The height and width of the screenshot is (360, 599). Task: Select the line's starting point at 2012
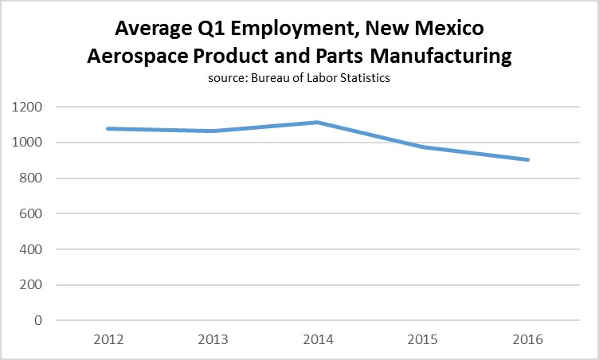[107, 128]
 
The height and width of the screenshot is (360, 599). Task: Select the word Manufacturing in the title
[427, 57]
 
